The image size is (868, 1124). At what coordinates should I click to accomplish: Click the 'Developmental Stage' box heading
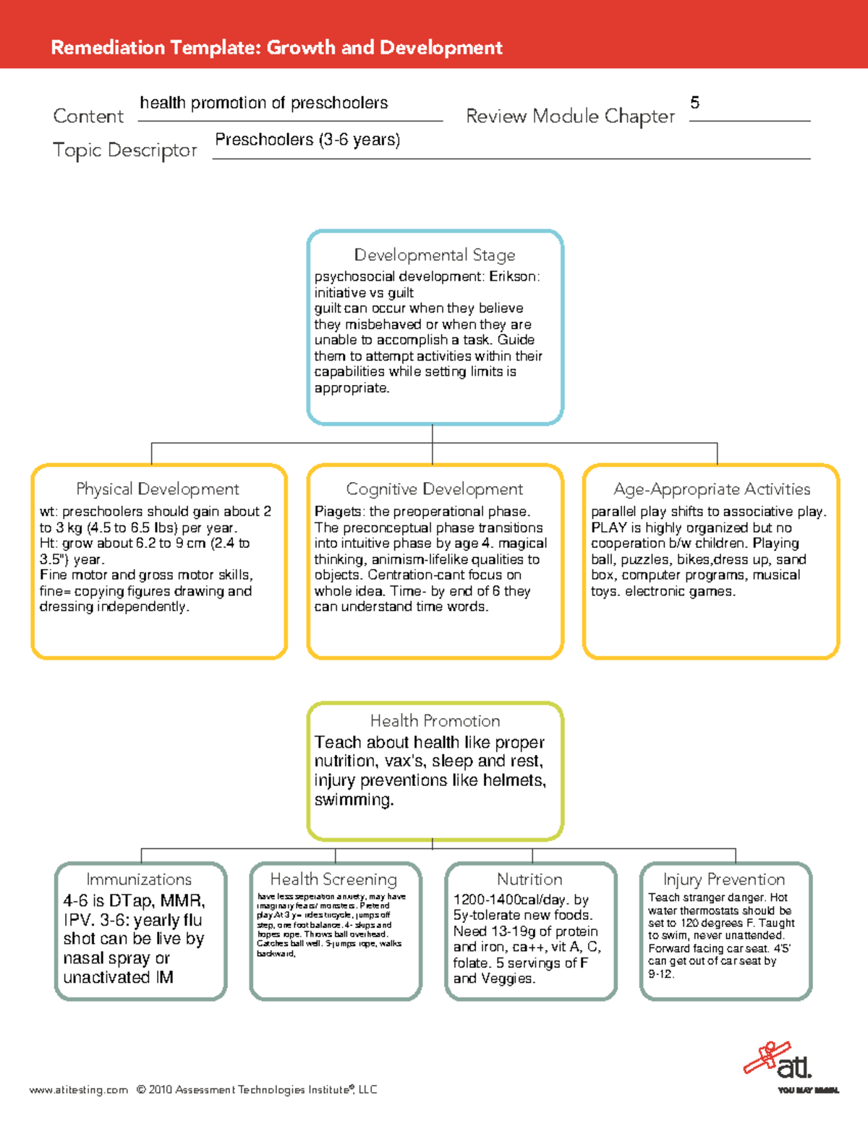[x=435, y=255]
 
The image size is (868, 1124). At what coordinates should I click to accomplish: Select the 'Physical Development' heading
[x=158, y=489]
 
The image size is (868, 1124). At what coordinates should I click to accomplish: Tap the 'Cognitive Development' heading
[x=435, y=489]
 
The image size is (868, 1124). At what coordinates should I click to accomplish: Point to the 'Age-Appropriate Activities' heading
[x=712, y=489]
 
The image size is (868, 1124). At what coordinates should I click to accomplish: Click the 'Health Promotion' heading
[x=435, y=721]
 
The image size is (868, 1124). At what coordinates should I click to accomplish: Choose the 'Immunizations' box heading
[x=139, y=879]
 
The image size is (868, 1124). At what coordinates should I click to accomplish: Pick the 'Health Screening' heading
[x=333, y=879]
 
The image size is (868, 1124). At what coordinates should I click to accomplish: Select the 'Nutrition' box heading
[x=529, y=879]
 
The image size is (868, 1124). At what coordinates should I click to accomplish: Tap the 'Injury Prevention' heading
[x=724, y=879]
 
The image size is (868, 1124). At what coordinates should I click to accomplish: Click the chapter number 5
[x=694, y=103]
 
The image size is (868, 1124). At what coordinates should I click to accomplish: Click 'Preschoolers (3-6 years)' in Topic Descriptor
[x=307, y=140]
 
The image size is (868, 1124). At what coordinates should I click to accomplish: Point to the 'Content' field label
[x=88, y=117]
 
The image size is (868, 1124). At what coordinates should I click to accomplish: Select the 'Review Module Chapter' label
[x=570, y=117]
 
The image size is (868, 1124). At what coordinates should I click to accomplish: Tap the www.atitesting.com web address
[x=78, y=1090]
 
